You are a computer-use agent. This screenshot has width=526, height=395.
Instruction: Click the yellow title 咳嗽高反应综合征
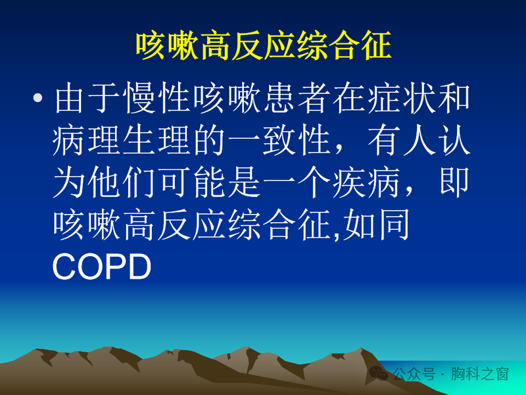tap(263, 45)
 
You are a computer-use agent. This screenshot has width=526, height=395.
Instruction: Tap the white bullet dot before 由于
tap(39, 99)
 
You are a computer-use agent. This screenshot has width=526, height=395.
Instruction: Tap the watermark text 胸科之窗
tap(484, 374)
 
